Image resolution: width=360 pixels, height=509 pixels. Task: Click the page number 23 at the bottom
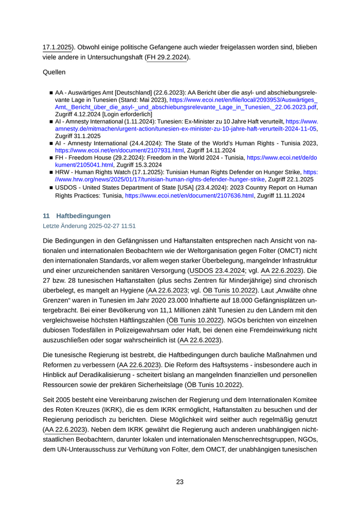[x=180, y=482]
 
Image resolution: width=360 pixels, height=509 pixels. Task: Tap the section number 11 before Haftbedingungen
[x=46, y=215]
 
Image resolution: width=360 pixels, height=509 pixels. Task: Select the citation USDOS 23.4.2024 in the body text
[x=217, y=270]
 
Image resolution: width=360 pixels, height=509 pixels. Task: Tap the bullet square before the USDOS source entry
[x=51, y=188]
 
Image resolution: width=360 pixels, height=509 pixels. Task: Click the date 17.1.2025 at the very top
[x=57, y=47]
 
